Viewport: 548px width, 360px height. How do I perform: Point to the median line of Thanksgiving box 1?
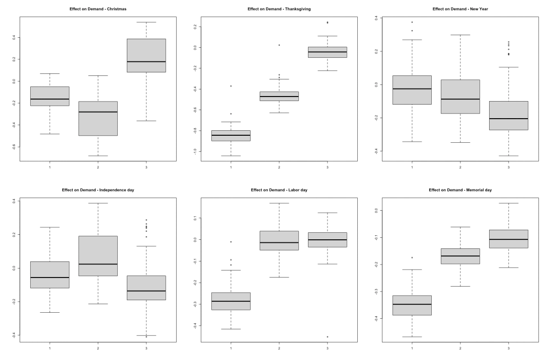(x=231, y=135)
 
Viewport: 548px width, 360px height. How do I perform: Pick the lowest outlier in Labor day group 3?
(x=327, y=337)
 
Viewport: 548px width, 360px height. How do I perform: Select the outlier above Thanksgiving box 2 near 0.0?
(x=279, y=45)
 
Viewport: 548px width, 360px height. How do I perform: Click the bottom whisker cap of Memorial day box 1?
(x=412, y=337)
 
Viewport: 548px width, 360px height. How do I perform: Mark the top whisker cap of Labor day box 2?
(x=279, y=203)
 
